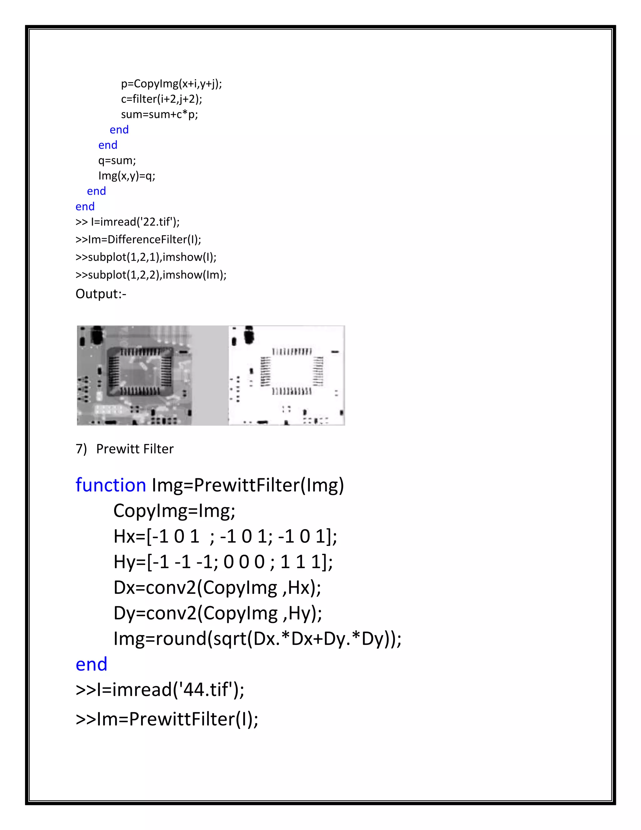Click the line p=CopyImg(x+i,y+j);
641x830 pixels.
point(171,84)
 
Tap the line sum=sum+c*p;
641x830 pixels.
point(160,114)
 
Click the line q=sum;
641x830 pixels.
point(117,160)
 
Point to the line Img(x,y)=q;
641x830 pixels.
point(126,176)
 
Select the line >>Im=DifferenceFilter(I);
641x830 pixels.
point(138,239)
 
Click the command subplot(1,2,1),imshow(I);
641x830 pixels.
point(152,257)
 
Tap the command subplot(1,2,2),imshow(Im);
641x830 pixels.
point(157,275)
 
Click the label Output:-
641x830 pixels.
point(101,294)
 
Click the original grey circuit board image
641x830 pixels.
point(134,375)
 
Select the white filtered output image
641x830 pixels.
point(286,375)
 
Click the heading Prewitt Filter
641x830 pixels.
point(135,449)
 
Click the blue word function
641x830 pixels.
point(110,485)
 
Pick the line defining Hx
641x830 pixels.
point(225,537)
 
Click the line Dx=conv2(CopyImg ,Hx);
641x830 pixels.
point(217,588)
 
